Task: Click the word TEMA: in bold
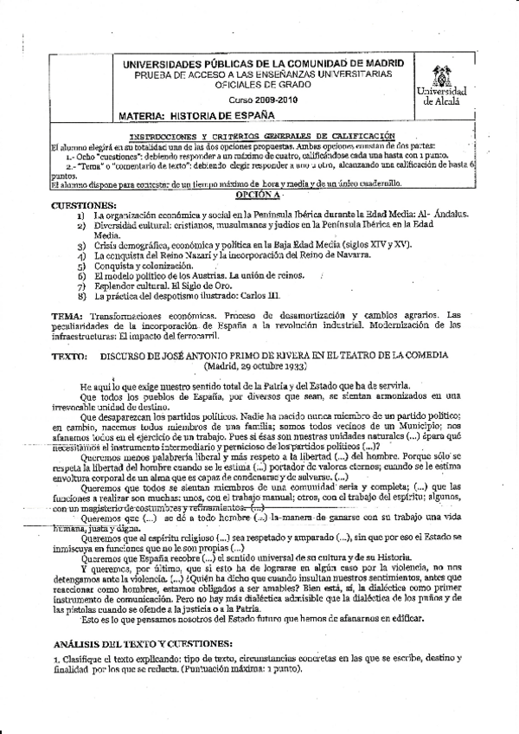(x=67, y=315)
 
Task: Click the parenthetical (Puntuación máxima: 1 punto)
(x=223, y=671)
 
